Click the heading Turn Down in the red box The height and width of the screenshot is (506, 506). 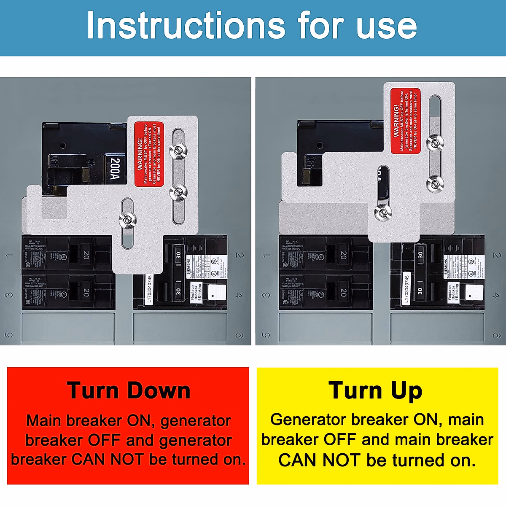[x=129, y=390]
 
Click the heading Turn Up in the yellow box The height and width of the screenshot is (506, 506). [x=375, y=390]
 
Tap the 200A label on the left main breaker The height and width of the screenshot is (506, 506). [x=115, y=169]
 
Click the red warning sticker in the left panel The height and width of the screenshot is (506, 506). [x=149, y=154]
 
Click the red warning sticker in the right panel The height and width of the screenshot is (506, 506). [x=405, y=121]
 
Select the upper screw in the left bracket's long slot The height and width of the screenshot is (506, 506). [x=178, y=150]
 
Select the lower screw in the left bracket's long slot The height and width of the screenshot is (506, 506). [x=178, y=192]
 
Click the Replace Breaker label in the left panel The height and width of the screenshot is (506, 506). [x=196, y=292]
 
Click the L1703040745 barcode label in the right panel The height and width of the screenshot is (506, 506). [x=406, y=288]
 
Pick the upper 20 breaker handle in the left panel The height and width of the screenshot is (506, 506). [x=86, y=255]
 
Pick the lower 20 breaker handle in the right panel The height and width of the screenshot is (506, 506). [x=343, y=292]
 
